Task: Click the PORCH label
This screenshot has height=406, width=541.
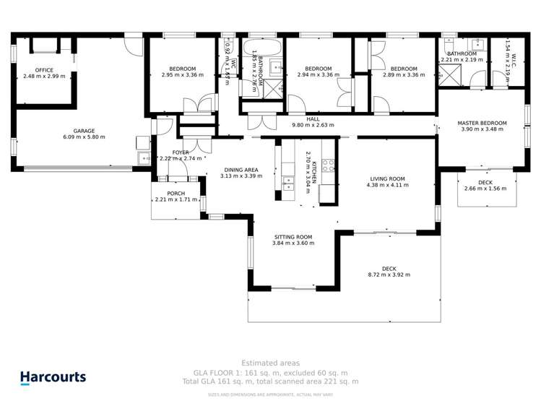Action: (x=176, y=194)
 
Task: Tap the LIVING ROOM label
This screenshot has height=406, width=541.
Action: (x=388, y=178)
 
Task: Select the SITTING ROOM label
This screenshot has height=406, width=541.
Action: (x=293, y=237)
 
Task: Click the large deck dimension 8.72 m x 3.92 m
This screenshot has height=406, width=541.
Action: (x=389, y=275)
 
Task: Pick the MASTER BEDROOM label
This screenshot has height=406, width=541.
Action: (x=482, y=123)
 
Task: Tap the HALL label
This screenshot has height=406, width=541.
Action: (x=313, y=119)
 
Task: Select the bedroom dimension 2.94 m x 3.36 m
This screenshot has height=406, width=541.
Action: (x=318, y=74)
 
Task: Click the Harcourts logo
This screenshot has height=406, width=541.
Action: (x=53, y=377)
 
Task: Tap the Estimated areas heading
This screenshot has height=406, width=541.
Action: (x=270, y=363)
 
